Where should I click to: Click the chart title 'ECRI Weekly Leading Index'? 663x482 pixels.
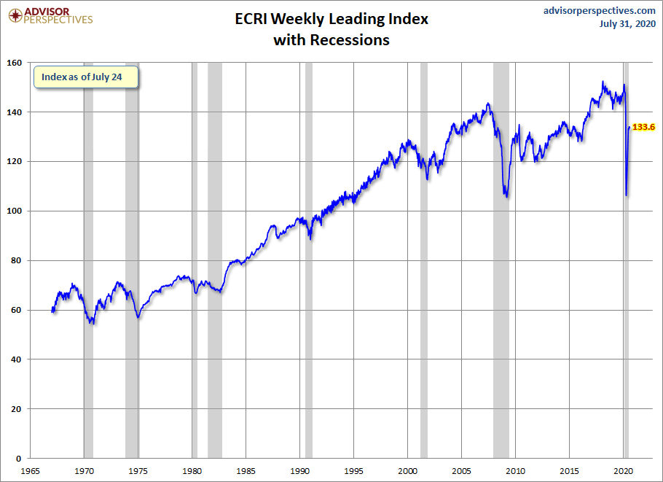click(x=331, y=19)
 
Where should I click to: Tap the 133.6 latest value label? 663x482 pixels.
click(x=643, y=127)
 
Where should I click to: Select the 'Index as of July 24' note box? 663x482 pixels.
click(x=86, y=77)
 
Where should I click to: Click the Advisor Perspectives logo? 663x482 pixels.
click(x=50, y=15)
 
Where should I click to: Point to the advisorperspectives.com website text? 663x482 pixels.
click(x=599, y=11)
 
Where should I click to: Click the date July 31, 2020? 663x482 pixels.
click(x=627, y=23)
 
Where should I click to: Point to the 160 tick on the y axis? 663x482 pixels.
click(x=15, y=63)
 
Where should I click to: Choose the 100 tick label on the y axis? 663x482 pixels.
click(x=15, y=211)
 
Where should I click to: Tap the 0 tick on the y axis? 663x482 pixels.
click(x=18, y=459)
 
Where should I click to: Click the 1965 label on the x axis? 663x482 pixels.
click(x=30, y=471)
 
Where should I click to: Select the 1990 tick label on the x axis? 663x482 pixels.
click(x=299, y=471)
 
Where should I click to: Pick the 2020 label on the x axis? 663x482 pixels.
click(x=623, y=471)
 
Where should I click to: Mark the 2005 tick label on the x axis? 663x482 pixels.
click(x=462, y=471)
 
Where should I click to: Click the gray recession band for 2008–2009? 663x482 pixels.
click(x=501, y=260)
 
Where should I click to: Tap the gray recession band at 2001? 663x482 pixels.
click(x=424, y=260)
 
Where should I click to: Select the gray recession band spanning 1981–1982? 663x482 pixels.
click(x=215, y=260)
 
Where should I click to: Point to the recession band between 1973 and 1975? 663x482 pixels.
click(x=132, y=260)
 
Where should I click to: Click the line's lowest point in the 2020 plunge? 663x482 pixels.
click(x=627, y=195)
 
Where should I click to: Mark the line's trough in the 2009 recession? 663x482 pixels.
click(x=506, y=197)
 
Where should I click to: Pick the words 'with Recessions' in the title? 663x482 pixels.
click(x=331, y=40)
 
